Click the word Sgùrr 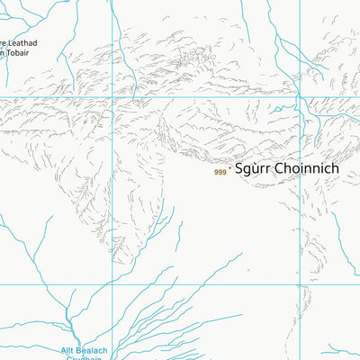pos(253,168)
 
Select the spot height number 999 pos(220,172)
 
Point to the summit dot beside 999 pos(230,168)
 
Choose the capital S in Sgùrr pos(240,168)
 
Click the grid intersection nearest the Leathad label pos(112,97)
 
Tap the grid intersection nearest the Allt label pos(112,284)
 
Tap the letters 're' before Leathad pos(4,41)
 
